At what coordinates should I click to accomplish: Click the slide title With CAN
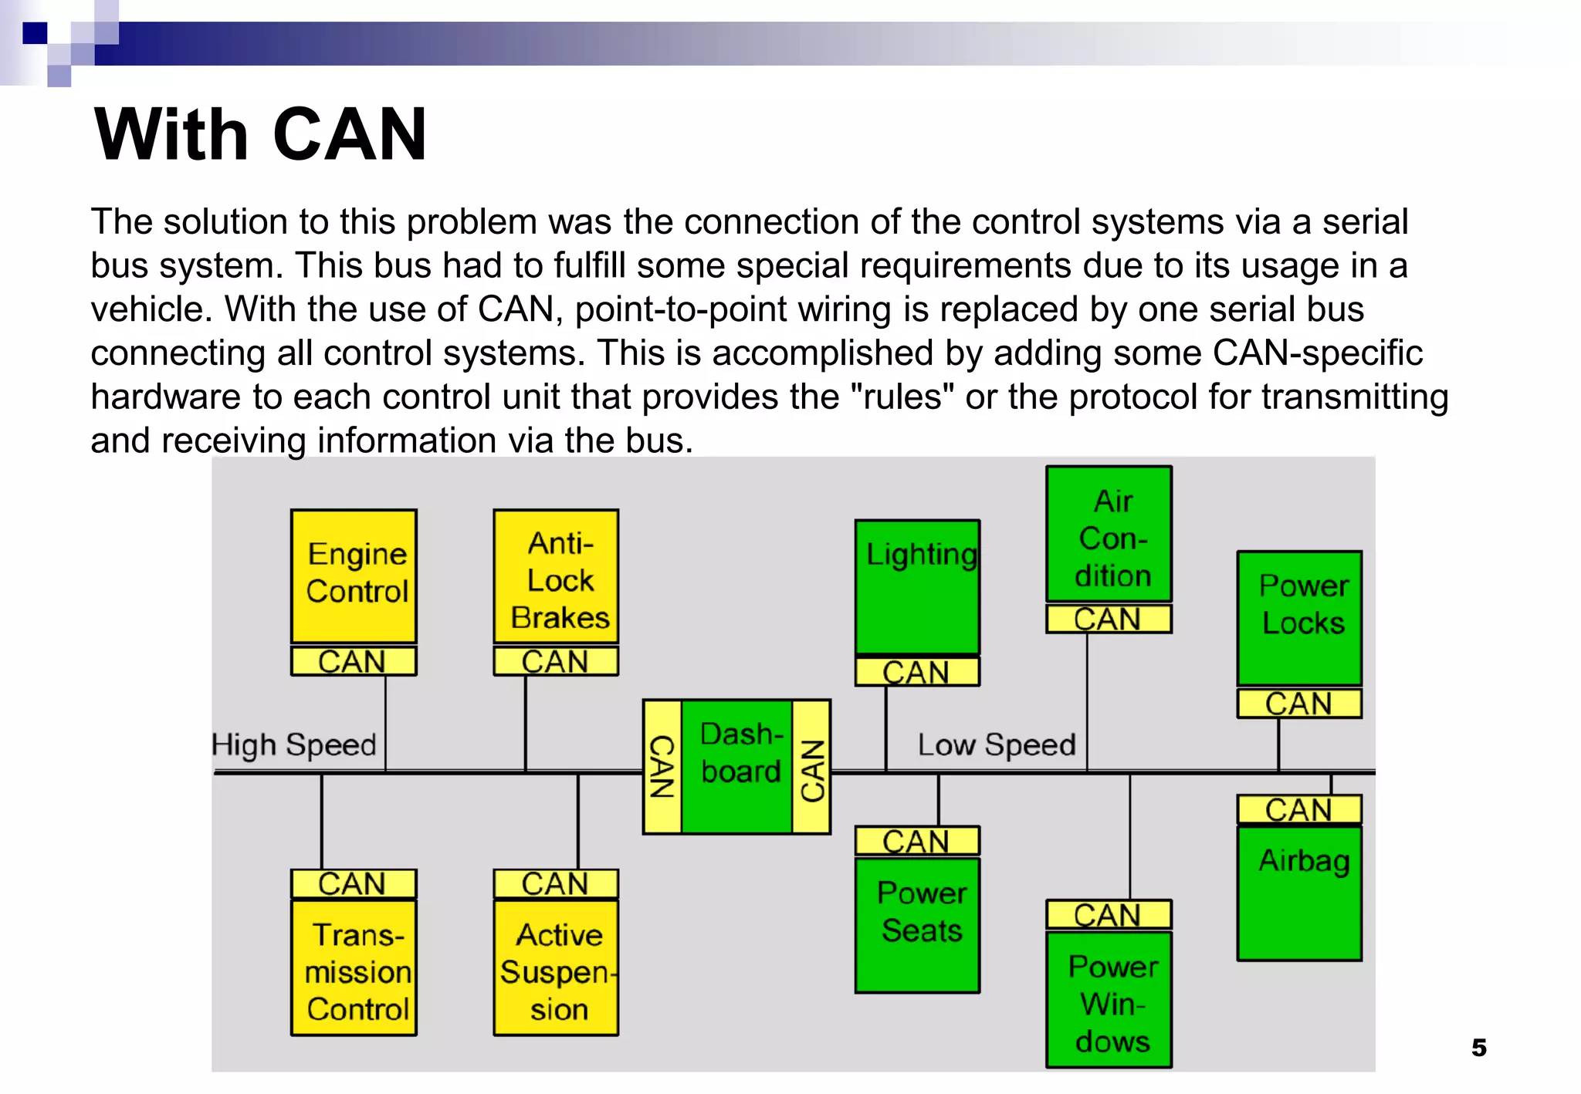tap(260, 135)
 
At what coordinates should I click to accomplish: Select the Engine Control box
tap(354, 576)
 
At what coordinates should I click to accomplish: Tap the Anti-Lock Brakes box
tap(556, 576)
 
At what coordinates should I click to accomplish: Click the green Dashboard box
tap(737, 766)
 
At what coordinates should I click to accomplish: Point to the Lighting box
tap(917, 586)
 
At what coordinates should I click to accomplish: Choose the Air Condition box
tap(1109, 534)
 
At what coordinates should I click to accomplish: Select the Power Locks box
tap(1299, 618)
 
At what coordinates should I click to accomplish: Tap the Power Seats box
tap(917, 924)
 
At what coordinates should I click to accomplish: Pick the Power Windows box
tap(1109, 999)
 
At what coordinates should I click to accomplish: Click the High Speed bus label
tap(294, 745)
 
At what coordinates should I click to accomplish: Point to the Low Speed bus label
tap(996, 745)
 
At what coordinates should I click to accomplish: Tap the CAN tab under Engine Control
tap(354, 661)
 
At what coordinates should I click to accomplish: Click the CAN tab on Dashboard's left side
tap(662, 766)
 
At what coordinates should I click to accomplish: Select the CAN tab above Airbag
tap(1299, 809)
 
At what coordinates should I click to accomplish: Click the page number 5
tap(1478, 1048)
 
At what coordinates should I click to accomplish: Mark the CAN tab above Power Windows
tap(1109, 915)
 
